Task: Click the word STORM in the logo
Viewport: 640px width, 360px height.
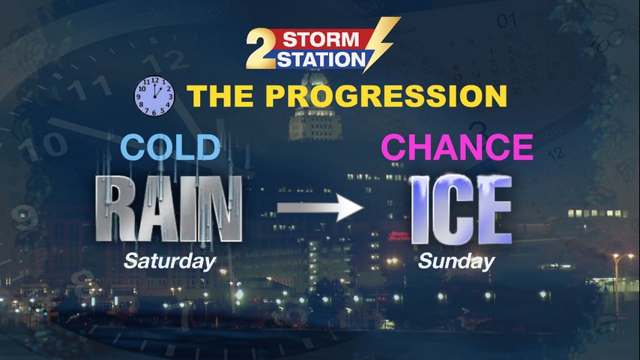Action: tap(321, 40)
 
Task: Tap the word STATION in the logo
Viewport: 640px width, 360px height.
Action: tap(321, 60)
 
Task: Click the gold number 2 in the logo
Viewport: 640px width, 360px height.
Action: tap(262, 48)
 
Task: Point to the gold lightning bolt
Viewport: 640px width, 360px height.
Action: tap(381, 43)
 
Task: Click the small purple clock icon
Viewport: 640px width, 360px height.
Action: tap(154, 96)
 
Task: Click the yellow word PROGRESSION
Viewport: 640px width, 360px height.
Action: tap(386, 96)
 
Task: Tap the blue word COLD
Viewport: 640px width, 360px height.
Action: tap(171, 147)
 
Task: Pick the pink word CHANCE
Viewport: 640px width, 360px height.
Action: tap(457, 147)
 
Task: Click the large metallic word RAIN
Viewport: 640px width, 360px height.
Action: tap(169, 208)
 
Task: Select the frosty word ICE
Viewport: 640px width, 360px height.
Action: tap(461, 210)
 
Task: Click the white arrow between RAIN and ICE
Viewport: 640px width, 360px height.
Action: tap(320, 208)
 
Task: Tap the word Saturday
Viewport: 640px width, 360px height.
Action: tap(170, 262)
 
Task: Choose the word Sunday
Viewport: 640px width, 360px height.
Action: tap(456, 262)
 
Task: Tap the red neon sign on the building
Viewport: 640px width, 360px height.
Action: tap(399, 236)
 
